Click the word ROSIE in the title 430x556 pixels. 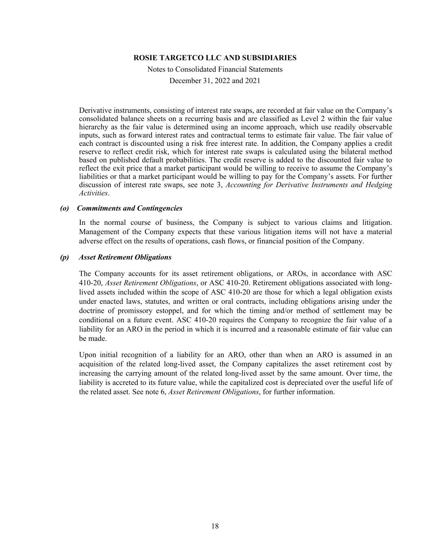click(146, 58)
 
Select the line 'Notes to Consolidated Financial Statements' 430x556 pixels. click(215, 69)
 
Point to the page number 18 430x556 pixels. click(215, 526)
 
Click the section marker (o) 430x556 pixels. click(64, 208)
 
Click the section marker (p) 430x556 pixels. click(64, 257)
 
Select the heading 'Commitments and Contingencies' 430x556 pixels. click(130, 208)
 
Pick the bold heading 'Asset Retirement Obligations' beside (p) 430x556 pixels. click(125, 257)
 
